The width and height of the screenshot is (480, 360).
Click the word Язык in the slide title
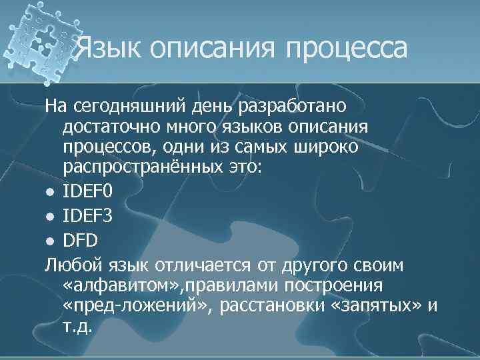[109, 47]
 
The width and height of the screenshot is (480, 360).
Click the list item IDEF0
[88, 192]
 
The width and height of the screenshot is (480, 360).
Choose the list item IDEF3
[88, 216]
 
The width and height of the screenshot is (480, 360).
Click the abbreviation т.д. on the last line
[81, 327]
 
